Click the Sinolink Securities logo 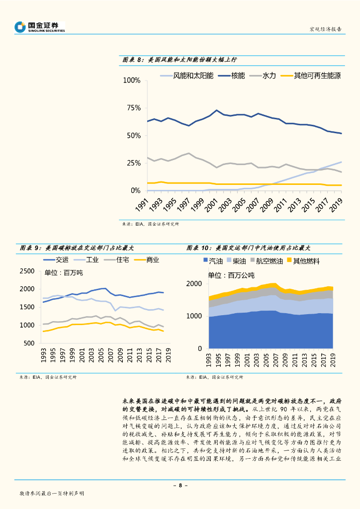coord(40,26)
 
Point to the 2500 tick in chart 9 coord(27,271)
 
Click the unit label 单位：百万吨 coord(64,273)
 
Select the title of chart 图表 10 coord(249,248)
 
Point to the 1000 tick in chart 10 coord(195,316)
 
